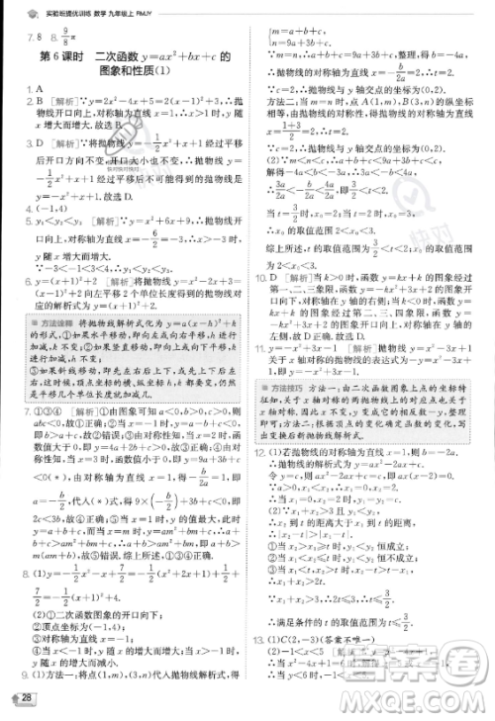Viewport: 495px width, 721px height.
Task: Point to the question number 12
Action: point(274,505)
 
